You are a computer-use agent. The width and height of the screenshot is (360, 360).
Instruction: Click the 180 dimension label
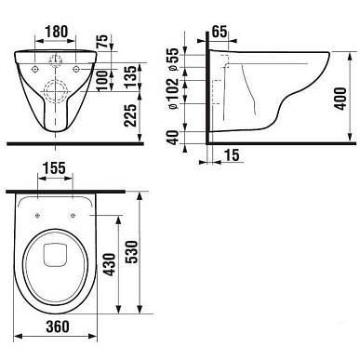click(56, 32)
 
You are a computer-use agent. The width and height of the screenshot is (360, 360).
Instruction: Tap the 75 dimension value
click(102, 41)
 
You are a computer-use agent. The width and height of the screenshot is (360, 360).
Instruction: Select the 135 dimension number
click(131, 76)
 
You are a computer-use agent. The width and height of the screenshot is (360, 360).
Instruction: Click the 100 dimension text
click(102, 80)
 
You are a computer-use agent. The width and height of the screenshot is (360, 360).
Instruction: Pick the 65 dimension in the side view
click(220, 32)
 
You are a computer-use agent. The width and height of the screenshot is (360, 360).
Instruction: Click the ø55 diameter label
click(173, 60)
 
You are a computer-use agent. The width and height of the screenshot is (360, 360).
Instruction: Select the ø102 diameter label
click(173, 93)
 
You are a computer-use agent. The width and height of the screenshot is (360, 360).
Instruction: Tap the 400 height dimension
click(340, 99)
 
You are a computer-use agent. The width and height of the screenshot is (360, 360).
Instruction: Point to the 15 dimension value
click(232, 154)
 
